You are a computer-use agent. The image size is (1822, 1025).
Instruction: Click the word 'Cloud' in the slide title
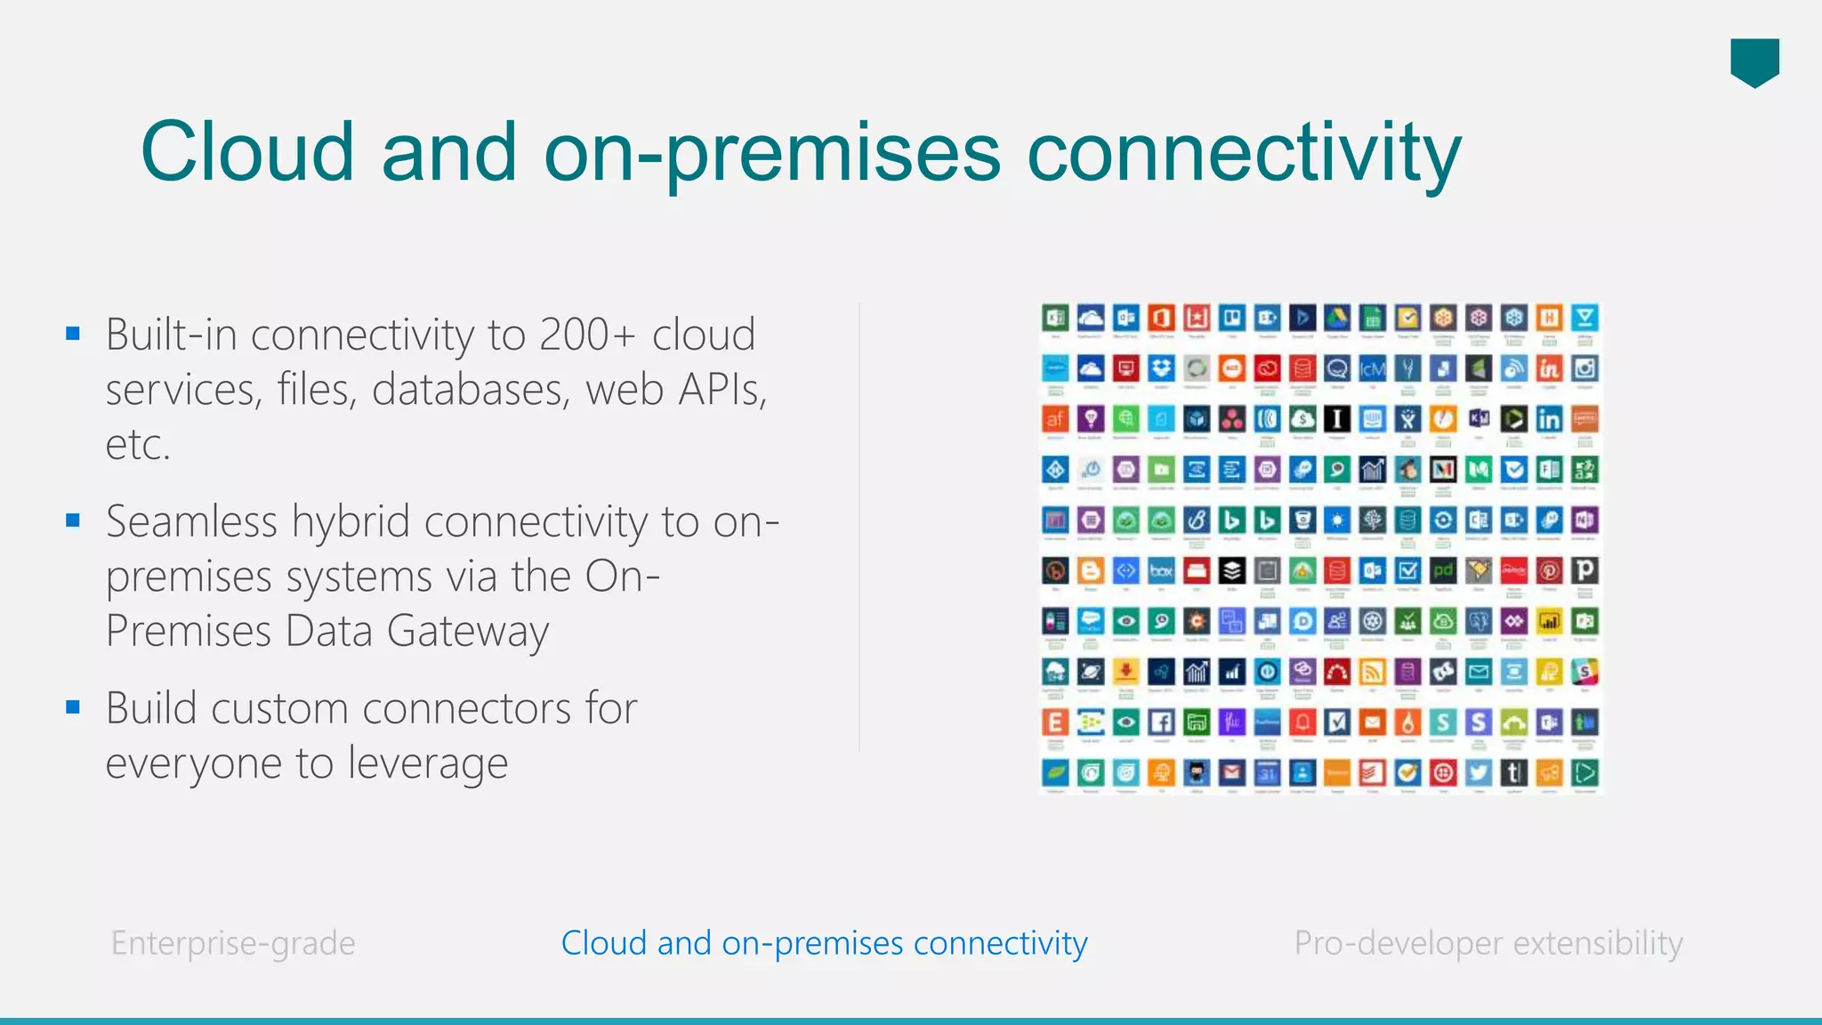(246, 152)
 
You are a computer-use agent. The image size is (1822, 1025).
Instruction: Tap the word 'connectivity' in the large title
(1244, 152)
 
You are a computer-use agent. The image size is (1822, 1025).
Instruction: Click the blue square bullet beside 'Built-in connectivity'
(73, 335)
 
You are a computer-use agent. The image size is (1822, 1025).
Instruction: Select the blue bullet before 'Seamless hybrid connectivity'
(73, 521)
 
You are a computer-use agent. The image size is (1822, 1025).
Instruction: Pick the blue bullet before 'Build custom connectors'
(73, 707)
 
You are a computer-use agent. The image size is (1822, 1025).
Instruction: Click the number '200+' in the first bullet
(587, 335)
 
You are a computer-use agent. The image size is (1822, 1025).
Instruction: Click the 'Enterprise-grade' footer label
(233, 943)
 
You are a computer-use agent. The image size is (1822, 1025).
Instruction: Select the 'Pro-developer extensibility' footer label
(1488, 943)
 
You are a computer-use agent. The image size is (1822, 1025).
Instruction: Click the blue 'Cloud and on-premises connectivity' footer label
(824, 943)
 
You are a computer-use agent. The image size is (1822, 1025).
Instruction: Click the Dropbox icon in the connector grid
(1161, 368)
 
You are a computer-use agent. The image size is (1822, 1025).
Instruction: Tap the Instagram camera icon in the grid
(1584, 368)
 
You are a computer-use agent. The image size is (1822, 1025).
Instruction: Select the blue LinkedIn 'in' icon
(1549, 419)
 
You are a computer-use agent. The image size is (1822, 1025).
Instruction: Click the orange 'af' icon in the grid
(1055, 419)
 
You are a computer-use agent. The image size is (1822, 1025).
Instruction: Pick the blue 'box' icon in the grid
(1161, 570)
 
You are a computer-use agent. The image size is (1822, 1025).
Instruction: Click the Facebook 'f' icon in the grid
(1161, 722)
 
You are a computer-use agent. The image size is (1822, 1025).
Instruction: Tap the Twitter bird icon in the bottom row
(1479, 772)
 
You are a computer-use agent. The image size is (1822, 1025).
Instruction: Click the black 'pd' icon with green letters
(1443, 570)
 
